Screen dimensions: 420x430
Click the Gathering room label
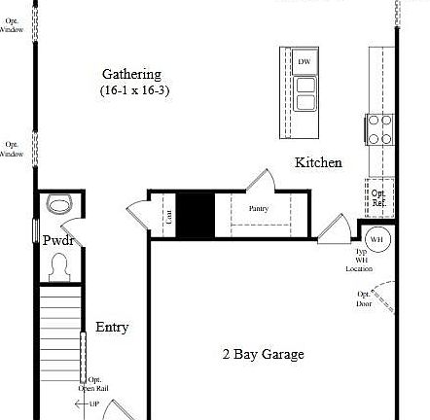tap(131, 74)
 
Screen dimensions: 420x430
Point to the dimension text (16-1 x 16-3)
tap(133, 90)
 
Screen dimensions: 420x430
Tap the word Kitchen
tap(318, 162)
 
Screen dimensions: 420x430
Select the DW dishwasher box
tap(305, 61)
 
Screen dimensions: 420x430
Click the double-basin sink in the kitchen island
tap(305, 92)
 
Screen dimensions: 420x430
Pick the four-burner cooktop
tap(379, 129)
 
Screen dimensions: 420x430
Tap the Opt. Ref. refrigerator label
tap(378, 196)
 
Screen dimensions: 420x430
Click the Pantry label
tap(258, 208)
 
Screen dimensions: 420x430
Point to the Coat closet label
tap(168, 216)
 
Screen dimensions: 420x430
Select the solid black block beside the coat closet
tap(195, 215)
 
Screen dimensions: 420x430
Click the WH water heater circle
tap(376, 238)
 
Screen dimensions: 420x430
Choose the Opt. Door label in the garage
tap(364, 297)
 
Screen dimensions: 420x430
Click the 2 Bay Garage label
tap(263, 354)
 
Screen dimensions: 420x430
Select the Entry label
tap(112, 328)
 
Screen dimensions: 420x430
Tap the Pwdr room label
tap(58, 239)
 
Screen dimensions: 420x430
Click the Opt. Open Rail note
tap(94, 383)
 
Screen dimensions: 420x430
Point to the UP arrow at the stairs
tap(90, 403)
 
